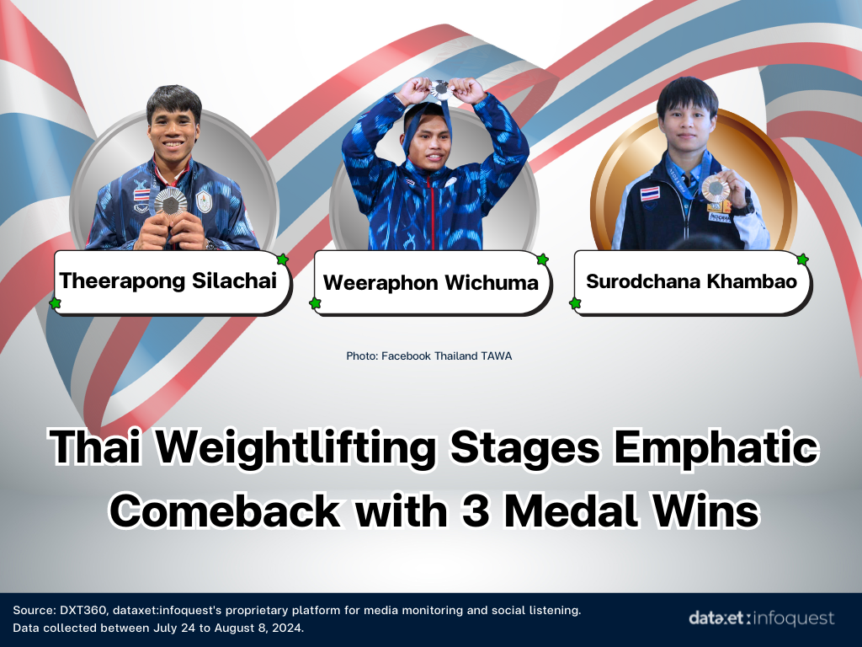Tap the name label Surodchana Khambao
pos(691,281)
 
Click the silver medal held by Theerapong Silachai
pos(170,202)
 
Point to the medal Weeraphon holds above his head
pos(441,88)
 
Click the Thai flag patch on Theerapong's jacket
pos(141,195)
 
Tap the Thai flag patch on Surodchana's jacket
pos(650,194)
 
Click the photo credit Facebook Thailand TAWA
pos(428,356)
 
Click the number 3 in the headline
pos(476,511)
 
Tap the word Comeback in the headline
pos(225,511)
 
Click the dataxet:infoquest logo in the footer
pos(761,618)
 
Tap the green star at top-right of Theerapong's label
pos(283,259)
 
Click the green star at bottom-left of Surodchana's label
pos(575,303)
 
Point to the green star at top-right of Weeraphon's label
pos(543,259)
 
